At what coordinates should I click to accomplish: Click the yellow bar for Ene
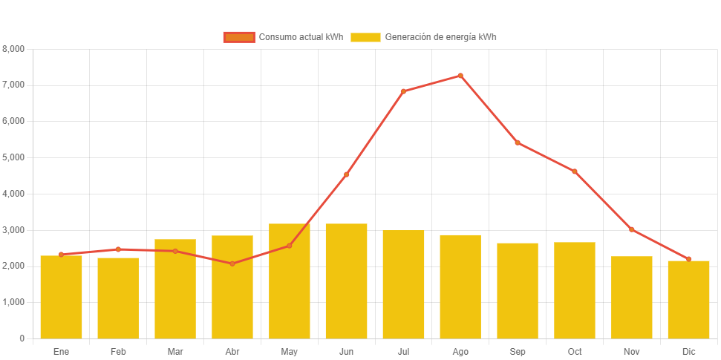pyautogui.click(x=61, y=297)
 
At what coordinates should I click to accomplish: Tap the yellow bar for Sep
pyautogui.click(x=518, y=290)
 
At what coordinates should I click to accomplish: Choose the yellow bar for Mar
pyautogui.click(x=175, y=289)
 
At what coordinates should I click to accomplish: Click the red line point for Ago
pyautogui.click(x=460, y=76)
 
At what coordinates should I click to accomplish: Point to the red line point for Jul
pyautogui.click(x=403, y=91)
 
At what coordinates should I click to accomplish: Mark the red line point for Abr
pyautogui.click(x=232, y=264)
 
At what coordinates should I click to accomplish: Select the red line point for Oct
pyautogui.click(x=574, y=171)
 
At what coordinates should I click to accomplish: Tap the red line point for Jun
pyautogui.click(x=346, y=174)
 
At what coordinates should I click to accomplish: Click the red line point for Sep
pyautogui.click(x=518, y=143)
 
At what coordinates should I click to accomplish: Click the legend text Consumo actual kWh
pyautogui.click(x=301, y=37)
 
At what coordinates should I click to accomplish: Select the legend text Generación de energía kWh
pyautogui.click(x=440, y=37)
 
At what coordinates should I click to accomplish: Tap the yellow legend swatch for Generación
pyautogui.click(x=365, y=37)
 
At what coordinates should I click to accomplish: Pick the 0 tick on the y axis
pyautogui.click(x=22, y=338)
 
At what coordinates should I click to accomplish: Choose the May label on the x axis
pyautogui.click(x=290, y=351)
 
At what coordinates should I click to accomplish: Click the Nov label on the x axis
pyautogui.click(x=632, y=351)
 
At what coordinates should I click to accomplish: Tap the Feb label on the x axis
pyautogui.click(x=118, y=351)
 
